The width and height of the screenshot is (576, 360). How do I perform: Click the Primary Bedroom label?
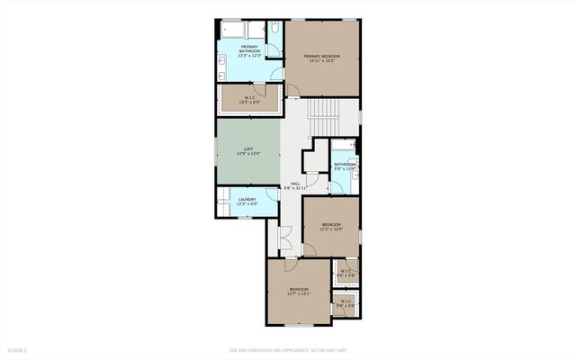pos(323,58)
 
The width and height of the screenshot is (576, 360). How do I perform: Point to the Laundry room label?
pos(247,202)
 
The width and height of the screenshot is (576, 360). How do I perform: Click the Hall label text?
pos(294,185)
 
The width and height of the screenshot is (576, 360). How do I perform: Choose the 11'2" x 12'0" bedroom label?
pos(331,226)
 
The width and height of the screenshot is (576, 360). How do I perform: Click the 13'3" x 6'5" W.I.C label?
pos(249,100)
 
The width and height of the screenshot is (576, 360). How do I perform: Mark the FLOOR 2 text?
pos(18,349)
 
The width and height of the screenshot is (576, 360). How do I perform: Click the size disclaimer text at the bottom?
pos(287,349)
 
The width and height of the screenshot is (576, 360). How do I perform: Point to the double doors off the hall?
pos(286,239)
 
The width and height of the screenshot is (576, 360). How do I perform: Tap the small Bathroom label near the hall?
pos(346,166)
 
